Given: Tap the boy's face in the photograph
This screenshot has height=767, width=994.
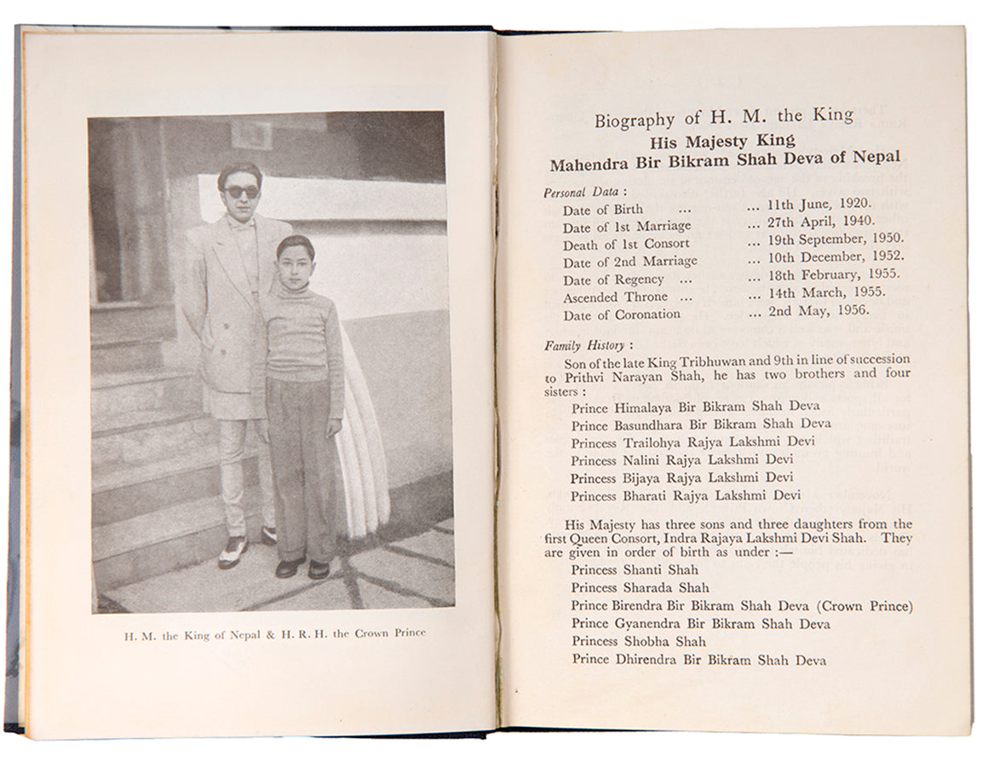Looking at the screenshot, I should [x=295, y=259].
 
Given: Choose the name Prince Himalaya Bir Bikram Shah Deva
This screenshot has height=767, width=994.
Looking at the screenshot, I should [x=696, y=407].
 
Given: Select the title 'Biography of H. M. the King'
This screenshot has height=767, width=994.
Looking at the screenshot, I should [x=724, y=118].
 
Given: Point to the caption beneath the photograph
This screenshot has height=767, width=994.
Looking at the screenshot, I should [x=274, y=634].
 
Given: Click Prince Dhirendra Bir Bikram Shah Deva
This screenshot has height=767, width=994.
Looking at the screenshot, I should [x=698, y=659].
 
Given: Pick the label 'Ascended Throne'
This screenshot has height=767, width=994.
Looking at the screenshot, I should [x=615, y=297].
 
